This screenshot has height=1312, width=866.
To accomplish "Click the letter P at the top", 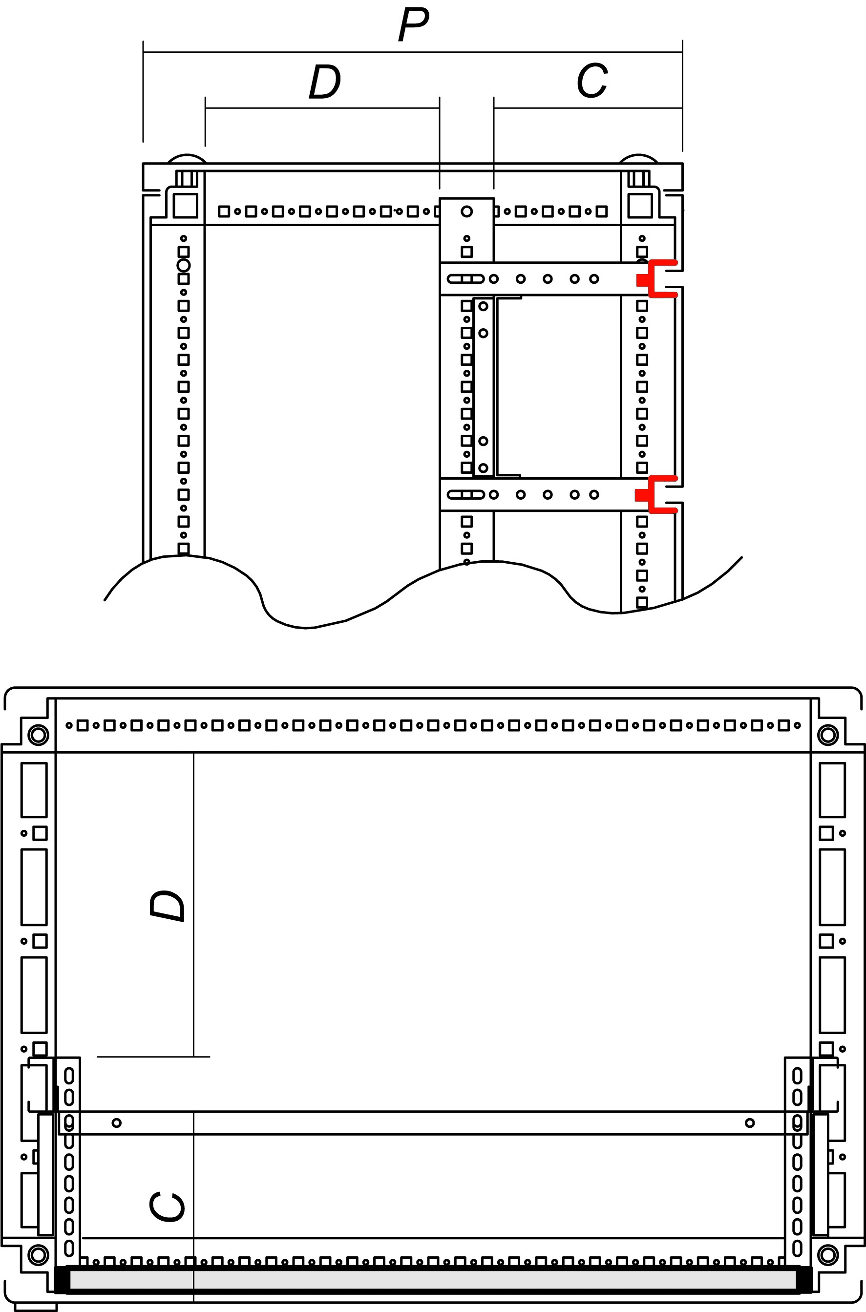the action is tap(413, 25).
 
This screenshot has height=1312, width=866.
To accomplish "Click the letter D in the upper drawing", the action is tap(325, 81).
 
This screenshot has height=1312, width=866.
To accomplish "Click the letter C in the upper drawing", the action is tap(592, 81).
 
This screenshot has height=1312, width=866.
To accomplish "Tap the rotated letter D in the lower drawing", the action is tap(167, 906).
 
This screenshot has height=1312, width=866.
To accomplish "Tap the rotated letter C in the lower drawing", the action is tap(167, 1206).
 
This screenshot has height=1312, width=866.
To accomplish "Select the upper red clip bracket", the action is tap(657, 279).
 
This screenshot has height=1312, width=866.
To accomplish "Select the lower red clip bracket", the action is tap(656, 494).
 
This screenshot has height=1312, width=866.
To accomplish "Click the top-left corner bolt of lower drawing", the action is tap(38, 735).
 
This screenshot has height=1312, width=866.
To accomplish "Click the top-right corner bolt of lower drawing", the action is tap(827, 735).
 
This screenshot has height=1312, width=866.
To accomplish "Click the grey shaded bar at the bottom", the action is tap(433, 1275).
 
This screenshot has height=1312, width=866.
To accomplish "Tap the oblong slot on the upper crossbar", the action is tap(465, 279).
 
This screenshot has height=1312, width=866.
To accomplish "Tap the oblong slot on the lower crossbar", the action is tap(465, 494).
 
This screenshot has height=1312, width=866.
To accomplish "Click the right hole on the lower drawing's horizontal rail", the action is tap(749, 1122).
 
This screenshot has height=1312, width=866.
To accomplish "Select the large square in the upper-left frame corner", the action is tap(185, 206).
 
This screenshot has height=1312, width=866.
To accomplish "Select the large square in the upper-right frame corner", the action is tap(640, 206).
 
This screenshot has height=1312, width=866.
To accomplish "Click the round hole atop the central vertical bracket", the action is tap(466, 211).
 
